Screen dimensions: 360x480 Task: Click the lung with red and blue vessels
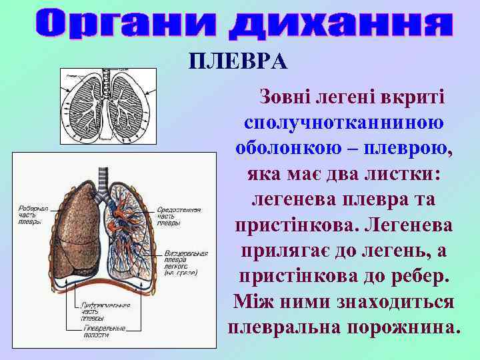point(130,230)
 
